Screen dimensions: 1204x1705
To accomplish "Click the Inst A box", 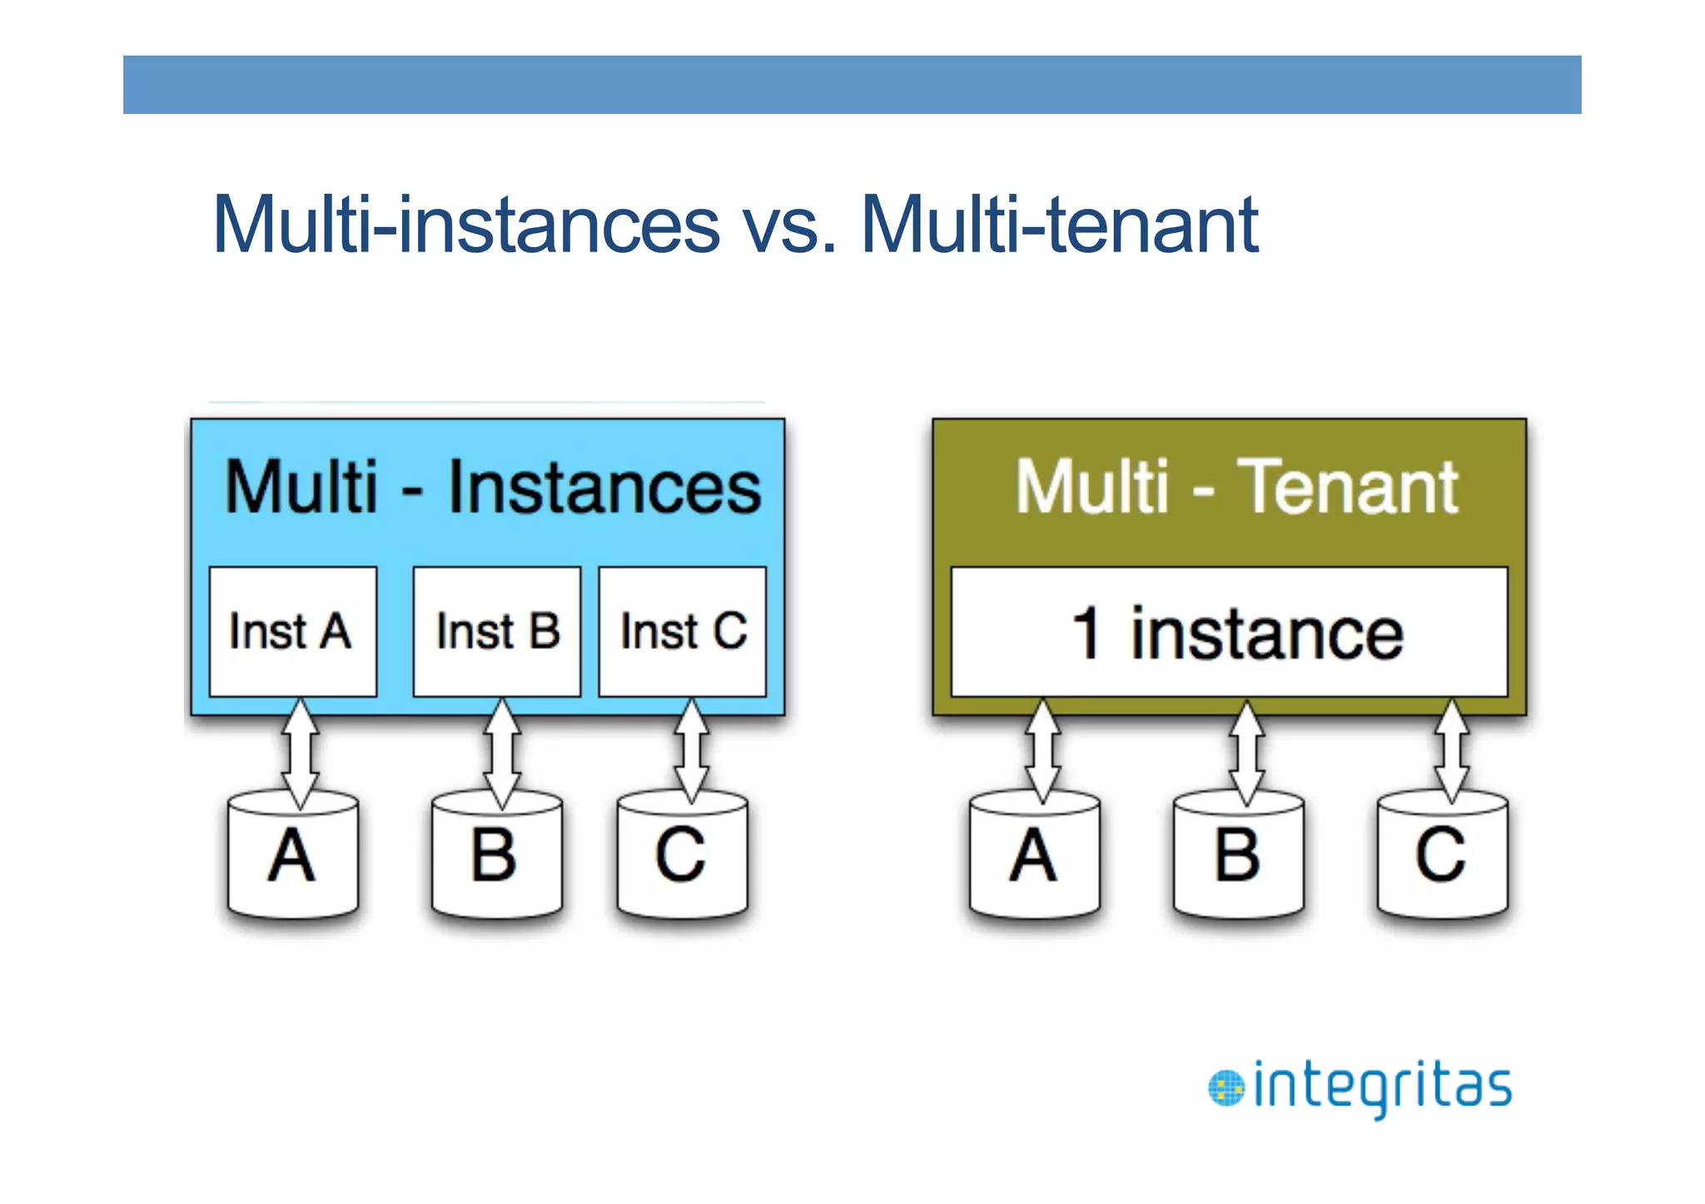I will point(292,632).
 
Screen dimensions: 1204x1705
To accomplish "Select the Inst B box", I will point(497,632).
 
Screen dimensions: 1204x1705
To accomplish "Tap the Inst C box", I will point(682,632).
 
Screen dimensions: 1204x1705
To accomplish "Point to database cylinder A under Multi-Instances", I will point(293,857).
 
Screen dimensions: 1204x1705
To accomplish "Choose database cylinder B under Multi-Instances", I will point(497,857).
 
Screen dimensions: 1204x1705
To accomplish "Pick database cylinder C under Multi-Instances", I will point(682,857).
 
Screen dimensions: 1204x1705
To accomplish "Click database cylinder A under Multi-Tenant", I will point(1035,857).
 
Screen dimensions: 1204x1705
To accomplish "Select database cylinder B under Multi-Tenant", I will point(1238,857).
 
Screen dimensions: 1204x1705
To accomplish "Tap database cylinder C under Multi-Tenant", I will point(1442,857).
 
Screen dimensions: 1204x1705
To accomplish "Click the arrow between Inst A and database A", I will point(300,753).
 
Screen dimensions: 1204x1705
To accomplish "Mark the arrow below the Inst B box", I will point(502,753).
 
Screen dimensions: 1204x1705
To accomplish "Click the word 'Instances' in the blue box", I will point(604,488).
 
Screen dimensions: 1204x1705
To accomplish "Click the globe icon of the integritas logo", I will point(1225,1088).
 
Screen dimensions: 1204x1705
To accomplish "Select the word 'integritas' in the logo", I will point(1382,1088).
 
